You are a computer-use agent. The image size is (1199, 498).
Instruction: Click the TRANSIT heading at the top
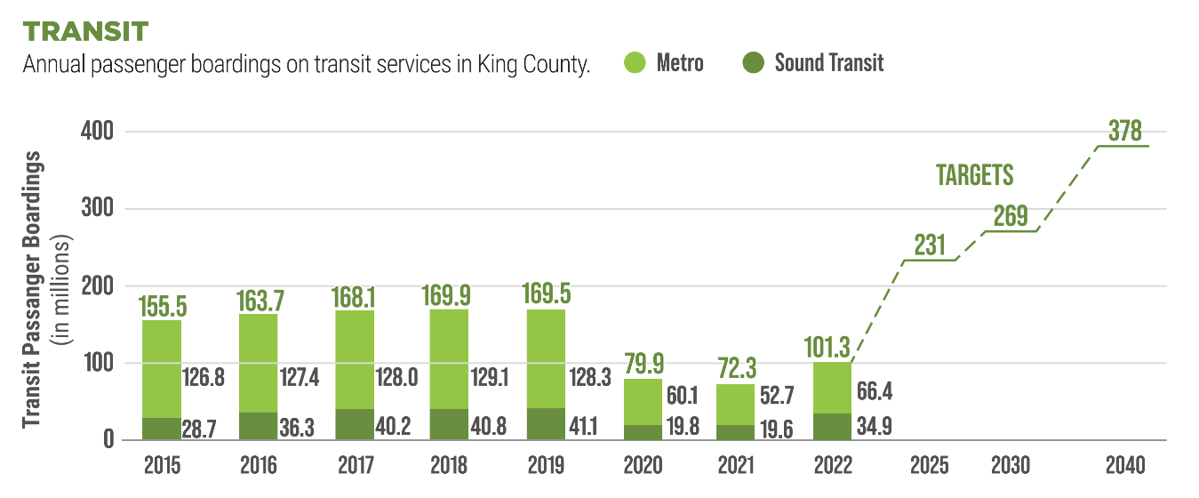tap(85, 30)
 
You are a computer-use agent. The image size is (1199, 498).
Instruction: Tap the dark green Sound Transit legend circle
tap(753, 64)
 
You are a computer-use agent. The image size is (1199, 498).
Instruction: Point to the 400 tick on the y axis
tap(100, 132)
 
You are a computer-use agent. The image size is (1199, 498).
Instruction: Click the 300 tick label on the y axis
tap(100, 209)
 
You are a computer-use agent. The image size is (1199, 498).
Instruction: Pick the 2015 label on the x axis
tap(162, 465)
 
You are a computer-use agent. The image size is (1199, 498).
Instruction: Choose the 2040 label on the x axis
tap(1124, 465)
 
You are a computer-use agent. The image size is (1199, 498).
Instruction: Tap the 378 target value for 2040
tap(1124, 131)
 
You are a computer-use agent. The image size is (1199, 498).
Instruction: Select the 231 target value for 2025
tap(930, 245)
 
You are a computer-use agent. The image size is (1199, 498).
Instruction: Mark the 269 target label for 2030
tap(1011, 216)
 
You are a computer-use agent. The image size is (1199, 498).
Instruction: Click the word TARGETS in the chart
tap(975, 176)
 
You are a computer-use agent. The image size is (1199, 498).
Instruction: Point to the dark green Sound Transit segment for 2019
tap(546, 423)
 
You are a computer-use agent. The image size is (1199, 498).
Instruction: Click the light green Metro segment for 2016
tap(258, 363)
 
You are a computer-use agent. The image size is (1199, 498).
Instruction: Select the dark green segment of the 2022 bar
tap(833, 426)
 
